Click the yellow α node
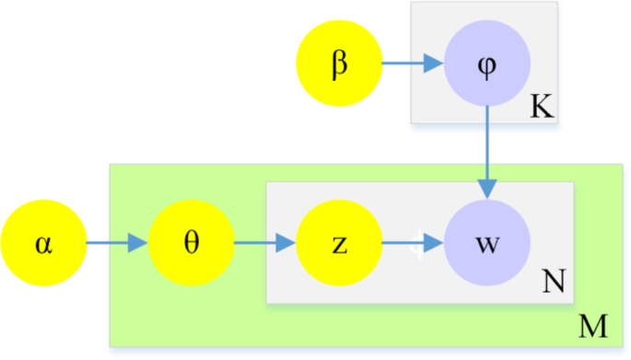tap(43, 245)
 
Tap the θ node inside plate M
tap(192, 245)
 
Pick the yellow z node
tap(338, 245)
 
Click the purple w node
tap(486, 245)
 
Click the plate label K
tap(541, 110)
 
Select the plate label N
tap(554, 281)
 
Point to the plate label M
tap(590, 325)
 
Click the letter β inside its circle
tap(338, 65)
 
